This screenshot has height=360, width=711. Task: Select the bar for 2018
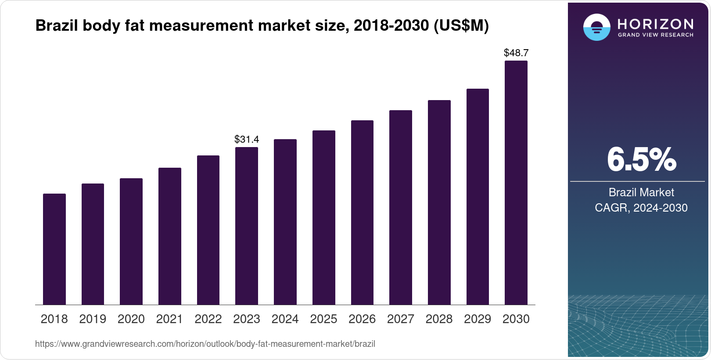pyautogui.click(x=54, y=249)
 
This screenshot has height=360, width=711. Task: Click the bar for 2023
pyautogui.click(x=247, y=226)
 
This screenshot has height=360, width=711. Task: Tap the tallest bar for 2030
pyautogui.click(x=516, y=183)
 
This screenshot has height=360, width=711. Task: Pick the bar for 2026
pyautogui.click(x=362, y=212)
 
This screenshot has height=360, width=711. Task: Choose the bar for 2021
pyautogui.click(x=170, y=236)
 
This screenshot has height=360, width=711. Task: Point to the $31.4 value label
pyautogui.click(x=247, y=140)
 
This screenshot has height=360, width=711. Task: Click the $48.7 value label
pyautogui.click(x=516, y=53)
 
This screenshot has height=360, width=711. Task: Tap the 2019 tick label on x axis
pyautogui.click(x=93, y=319)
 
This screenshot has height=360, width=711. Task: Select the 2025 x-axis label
pyautogui.click(x=323, y=319)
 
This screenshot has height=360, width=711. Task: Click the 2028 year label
pyautogui.click(x=439, y=319)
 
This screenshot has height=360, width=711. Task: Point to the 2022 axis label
pyautogui.click(x=208, y=319)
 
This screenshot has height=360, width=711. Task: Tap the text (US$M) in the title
pyautogui.click(x=461, y=26)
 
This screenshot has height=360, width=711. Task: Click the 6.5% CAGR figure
pyautogui.click(x=641, y=160)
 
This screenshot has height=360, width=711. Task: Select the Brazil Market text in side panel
pyautogui.click(x=641, y=192)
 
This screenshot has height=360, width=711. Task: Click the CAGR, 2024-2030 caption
pyautogui.click(x=641, y=208)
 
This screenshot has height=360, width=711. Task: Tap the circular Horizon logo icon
pyautogui.click(x=596, y=27)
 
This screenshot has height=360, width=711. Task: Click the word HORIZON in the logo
pyautogui.click(x=655, y=24)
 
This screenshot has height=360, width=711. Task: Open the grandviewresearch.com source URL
pyautogui.click(x=205, y=344)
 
